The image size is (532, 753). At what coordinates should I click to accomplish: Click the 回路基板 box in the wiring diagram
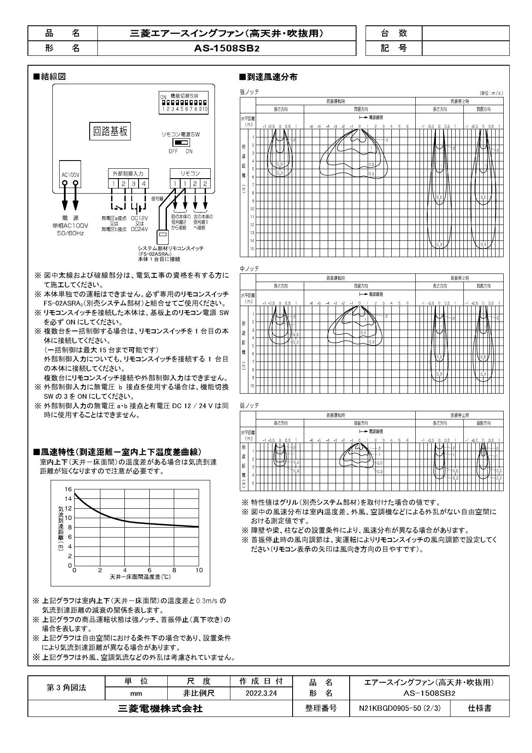pos(111,131)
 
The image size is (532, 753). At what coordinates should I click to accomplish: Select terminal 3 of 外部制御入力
pos(133,184)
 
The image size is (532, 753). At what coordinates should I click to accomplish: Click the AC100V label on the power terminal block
pos(70,175)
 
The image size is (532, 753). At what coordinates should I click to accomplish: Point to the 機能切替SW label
pos(184,97)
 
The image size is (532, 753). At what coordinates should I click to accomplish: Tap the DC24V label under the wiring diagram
pos(139,229)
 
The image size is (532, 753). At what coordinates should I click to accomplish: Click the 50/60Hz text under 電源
pos(70,233)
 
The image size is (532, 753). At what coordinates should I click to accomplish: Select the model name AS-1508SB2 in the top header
pos(227,48)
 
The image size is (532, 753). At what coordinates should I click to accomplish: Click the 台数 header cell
pos(393,33)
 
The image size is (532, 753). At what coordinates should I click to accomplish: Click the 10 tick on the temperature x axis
pos(199,570)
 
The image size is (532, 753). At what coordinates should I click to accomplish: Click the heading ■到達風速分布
pos(268,77)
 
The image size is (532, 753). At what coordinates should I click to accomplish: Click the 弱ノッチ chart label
pos(249,405)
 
